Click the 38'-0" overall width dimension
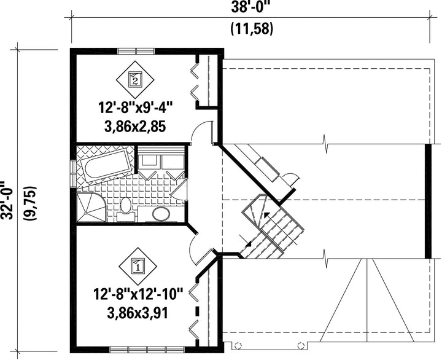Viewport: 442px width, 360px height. tap(249, 7)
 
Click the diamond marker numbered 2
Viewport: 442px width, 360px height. tap(135, 79)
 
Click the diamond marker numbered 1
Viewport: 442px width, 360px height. tap(138, 267)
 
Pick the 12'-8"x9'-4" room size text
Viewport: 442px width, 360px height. tap(135, 108)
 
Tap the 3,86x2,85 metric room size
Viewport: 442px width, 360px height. tap(135, 127)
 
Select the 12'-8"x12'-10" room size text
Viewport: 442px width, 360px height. tap(138, 295)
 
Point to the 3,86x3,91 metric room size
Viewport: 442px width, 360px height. tap(138, 313)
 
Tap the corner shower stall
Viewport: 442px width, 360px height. tap(91, 208)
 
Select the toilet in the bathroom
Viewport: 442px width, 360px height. tap(126, 209)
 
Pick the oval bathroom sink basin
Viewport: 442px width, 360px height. tap(161, 214)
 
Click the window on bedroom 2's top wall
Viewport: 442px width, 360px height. tap(136, 51)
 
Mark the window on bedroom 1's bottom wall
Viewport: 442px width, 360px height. tap(147, 350)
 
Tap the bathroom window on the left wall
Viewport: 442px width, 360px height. tap(73, 173)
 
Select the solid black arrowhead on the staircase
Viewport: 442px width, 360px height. tap(266, 214)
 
